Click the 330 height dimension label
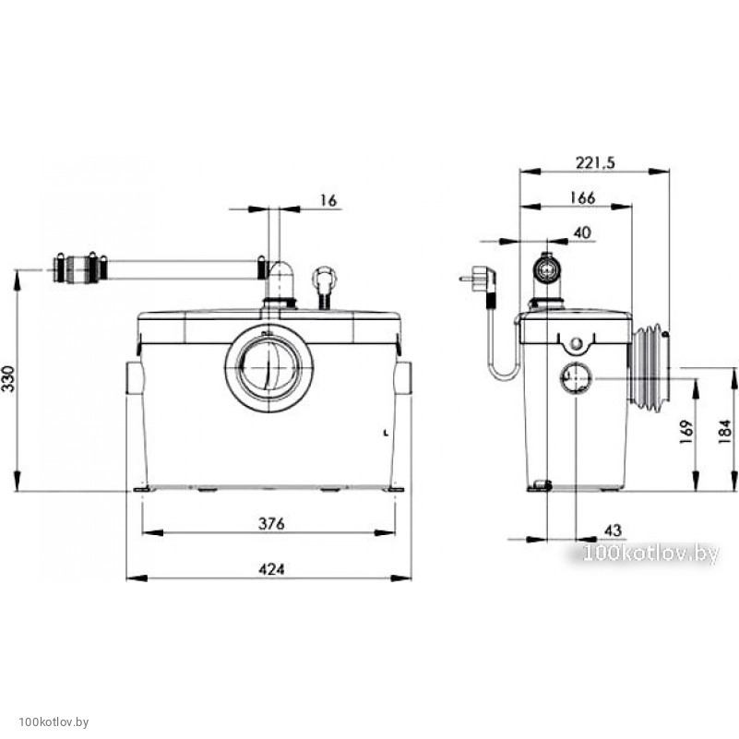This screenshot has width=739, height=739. click(x=9, y=378)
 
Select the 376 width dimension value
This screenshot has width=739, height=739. click(x=271, y=523)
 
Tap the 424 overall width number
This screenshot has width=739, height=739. click(x=271, y=569)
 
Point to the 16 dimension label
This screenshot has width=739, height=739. click(x=328, y=201)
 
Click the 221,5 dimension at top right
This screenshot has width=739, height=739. click(x=595, y=162)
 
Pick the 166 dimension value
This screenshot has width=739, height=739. click(x=582, y=198)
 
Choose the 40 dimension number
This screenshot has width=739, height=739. click(x=582, y=232)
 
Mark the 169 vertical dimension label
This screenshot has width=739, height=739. click(x=686, y=431)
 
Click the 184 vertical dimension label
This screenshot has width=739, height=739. click(x=725, y=431)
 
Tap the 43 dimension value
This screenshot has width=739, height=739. click(x=613, y=530)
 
